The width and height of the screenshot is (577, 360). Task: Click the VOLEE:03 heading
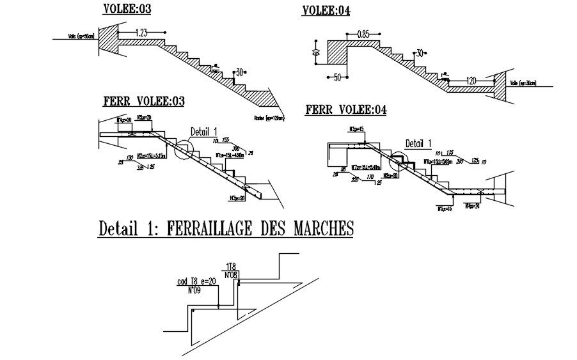click(x=127, y=9)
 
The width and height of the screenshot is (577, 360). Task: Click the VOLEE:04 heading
click(x=326, y=10)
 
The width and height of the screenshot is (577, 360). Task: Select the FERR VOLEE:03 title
click(x=144, y=102)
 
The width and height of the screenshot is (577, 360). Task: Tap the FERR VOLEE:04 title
click(x=347, y=110)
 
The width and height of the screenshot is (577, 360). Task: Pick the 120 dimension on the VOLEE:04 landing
click(x=471, y=81)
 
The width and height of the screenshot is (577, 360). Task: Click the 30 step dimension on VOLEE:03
click(x=240, y=72)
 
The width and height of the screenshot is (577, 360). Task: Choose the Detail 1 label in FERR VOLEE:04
click(x=419, y=143)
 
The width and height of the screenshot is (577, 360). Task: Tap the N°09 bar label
click(x=195, y=290)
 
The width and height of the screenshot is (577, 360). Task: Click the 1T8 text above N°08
click(x=232, y=266)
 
